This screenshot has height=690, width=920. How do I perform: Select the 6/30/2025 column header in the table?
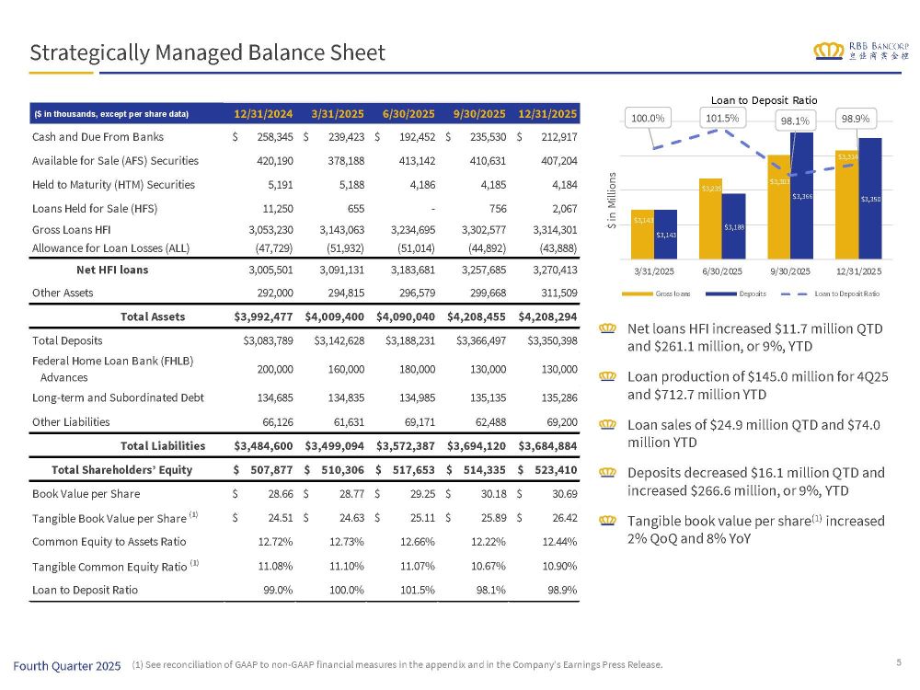tap(407, 114)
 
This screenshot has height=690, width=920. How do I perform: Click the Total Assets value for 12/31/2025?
tap(548, 316)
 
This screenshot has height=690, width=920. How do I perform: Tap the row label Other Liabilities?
tap(71, 421)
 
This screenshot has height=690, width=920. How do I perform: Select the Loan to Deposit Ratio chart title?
tap(764, 99)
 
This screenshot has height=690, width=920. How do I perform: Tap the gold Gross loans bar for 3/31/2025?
tap(642, 235)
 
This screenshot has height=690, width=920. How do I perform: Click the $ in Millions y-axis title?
tap(612, 203)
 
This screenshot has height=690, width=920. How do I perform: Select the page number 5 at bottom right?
tap(898, 661)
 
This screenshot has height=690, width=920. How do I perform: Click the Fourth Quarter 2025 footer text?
tap(67, 665)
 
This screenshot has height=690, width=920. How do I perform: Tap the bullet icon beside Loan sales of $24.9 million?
tap(606, 426)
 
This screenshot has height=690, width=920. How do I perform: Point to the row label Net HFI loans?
tap(111, 270)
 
